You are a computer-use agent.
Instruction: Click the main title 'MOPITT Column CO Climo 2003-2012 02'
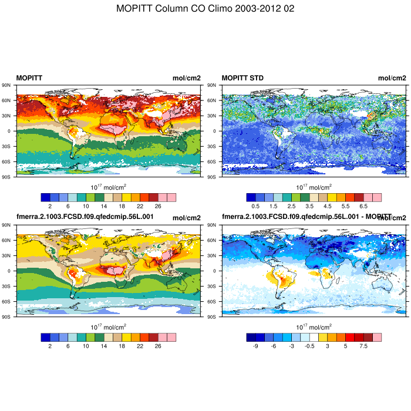tap(206, 9)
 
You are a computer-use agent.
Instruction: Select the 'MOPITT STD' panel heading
tap(242, 78)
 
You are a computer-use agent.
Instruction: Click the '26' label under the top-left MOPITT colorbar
tap(157, 207)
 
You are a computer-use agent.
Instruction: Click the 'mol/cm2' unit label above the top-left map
tap(186, 78)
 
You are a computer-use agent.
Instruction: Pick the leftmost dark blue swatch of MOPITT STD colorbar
tap(251, 197)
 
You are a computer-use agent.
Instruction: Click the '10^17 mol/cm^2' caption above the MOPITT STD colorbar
tap(314, 187)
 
